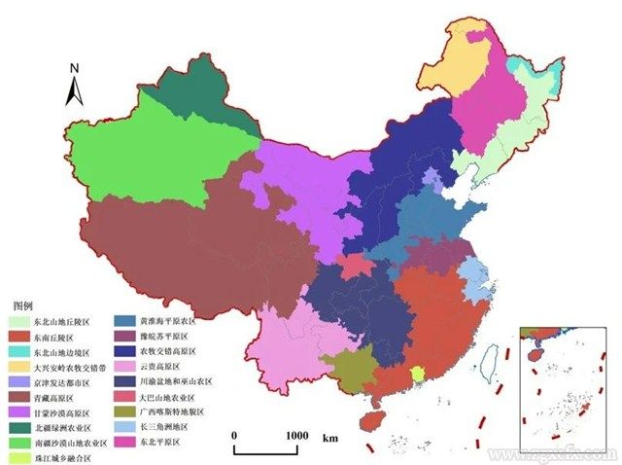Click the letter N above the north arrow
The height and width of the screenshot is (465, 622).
click(x=74, y=68)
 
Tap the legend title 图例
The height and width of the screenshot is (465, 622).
click(x=22, y=304)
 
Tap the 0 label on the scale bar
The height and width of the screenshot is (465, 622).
click(x=233, y=436)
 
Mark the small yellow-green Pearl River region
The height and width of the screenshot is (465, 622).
click(x=418, y=375)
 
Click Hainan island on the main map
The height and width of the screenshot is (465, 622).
click(x=370, y=421)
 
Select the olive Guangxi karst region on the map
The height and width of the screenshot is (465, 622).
click(x=348, y=368)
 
